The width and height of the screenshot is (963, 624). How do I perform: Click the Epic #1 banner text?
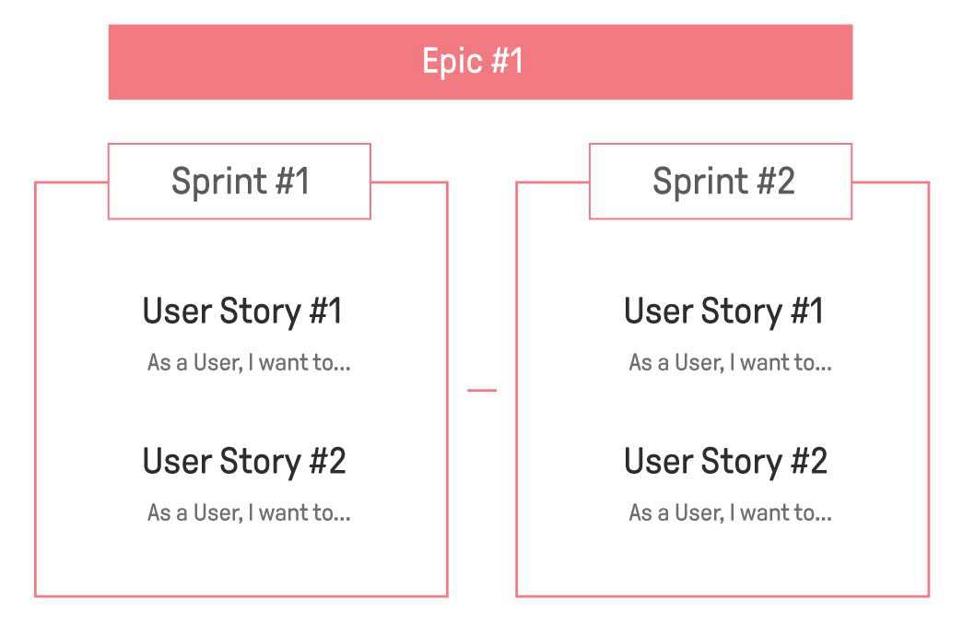(473, 62)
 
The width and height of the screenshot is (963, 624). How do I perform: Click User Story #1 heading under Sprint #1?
(242, 312)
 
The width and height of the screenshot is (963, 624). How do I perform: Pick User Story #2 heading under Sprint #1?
(244, 462)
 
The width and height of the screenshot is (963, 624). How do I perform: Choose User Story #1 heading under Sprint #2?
(723, 312)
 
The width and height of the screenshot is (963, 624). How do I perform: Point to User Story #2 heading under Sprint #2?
(725, 462)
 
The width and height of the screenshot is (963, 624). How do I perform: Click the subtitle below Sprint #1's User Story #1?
(249, 362)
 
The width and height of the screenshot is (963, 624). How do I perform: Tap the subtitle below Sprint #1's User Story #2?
(249, 512)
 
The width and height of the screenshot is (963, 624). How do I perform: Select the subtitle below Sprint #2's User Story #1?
(730, 362)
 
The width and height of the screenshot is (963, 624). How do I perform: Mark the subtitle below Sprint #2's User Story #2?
(730, 512)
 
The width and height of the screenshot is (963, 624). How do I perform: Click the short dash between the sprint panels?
(482, 390)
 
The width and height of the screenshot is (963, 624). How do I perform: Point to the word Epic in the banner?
(452, 62)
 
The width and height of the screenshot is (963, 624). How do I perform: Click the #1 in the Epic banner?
(507, 61)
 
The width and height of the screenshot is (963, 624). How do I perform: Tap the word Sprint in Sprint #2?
(699, 182)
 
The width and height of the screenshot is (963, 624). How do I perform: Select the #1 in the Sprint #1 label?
(292, 181)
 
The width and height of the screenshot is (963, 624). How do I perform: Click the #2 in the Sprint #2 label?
(776, 181)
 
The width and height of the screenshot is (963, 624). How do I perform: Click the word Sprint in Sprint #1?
(218, 182)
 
